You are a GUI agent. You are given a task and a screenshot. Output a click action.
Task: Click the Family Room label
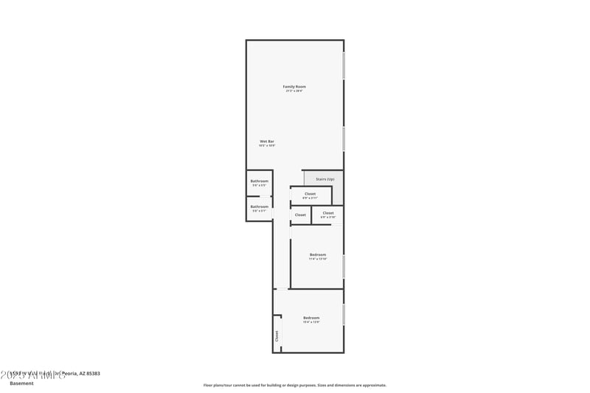point(294,87)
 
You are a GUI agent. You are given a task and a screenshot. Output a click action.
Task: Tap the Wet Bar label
point(267,141)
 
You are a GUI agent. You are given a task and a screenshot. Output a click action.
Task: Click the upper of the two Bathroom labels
point(259,181)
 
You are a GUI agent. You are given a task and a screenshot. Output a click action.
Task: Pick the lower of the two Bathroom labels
point(259,206)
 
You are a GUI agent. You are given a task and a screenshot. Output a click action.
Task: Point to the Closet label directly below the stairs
point(310,194)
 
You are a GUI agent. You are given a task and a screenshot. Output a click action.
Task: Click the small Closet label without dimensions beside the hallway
point(300,215)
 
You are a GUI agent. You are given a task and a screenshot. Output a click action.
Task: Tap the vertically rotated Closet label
point(277,335)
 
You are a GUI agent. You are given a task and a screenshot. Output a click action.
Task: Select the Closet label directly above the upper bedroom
point(328,213)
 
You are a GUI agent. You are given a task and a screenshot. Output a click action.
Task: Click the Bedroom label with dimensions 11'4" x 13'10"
point(318,254)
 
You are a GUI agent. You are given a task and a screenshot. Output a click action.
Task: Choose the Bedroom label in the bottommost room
point(311,318)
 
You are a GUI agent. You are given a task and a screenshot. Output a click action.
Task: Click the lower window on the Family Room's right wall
point(344,138)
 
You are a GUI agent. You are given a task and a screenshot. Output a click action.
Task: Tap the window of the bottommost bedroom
point(344,313)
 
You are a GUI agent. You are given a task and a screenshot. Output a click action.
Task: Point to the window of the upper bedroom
point(344,265)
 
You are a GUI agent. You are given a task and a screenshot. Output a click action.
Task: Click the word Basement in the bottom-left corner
point(21,383)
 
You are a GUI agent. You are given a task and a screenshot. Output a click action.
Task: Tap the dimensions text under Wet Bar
point(267,146)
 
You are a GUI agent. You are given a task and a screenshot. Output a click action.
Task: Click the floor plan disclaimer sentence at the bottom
point(294,385)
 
